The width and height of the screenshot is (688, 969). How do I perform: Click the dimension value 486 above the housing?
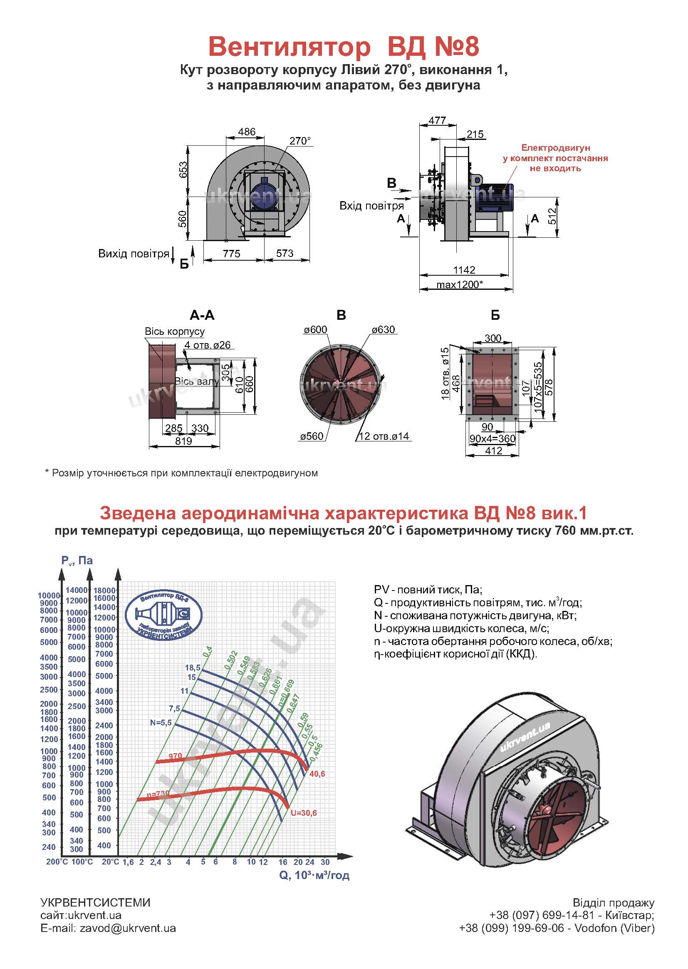click(x=247, y=132)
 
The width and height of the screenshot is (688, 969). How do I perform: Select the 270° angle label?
click(x=300, y=141)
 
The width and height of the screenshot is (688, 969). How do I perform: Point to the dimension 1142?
click(x=464, y=270)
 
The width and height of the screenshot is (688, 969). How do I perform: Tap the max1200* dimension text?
click(x=460, y=284)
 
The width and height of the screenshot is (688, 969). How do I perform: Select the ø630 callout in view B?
click(x=383, y=330)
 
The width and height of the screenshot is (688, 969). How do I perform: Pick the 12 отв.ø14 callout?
click(x=384, y=436)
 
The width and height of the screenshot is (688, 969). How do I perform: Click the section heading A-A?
click(x=202, y=315)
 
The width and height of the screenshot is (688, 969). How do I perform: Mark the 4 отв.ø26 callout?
click(x=208, y=345)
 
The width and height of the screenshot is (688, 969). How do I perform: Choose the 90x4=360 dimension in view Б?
click(x=492, y=438)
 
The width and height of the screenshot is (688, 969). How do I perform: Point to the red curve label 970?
click(x=175, y=756)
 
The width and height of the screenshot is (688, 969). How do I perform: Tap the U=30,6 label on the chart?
click(x=303, y=813)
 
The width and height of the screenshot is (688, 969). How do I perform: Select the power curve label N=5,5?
click(x=161, y=722)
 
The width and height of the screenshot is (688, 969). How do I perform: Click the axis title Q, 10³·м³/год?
click(x=314, y=875)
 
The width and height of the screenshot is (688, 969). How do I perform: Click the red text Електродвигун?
click(x=555, y=148)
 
